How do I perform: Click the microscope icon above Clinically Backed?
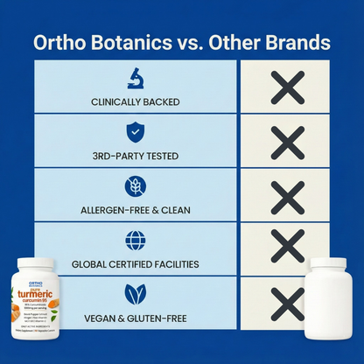[136, 78]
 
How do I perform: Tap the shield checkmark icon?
[136, 132]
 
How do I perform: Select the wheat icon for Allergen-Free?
[136, 185]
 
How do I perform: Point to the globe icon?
[136, 240]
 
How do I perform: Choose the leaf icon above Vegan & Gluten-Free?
[136, 292]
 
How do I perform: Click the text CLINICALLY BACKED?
[136, 102]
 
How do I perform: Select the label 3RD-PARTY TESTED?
[136, 156]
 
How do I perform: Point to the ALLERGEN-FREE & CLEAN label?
[136, 210]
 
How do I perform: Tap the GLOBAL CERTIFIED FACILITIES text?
[136, 263]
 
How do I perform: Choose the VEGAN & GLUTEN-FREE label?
[136, 316]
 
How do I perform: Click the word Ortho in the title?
[58, 42]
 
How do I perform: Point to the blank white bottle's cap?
[330, 264]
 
